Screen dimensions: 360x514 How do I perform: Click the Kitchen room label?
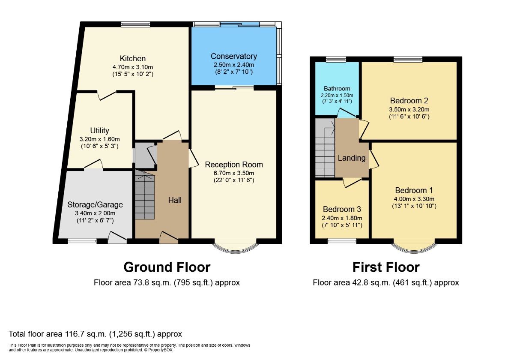point(133,59)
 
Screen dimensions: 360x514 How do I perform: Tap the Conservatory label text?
point(233,56)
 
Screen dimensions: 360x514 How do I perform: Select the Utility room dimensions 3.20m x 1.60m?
point(99,139)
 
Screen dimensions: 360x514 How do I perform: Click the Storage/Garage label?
point(95,204)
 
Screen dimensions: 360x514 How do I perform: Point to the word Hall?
point(175,200)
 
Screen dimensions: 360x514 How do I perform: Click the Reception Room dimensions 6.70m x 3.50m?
point(234,173)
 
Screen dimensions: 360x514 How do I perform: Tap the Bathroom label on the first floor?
point(337,89)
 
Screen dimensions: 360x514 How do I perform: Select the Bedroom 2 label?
point(409,101)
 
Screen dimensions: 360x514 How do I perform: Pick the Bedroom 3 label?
point(342,210)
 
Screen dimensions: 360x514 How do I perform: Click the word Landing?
point(352,158)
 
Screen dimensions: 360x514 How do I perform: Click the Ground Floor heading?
point(167,267)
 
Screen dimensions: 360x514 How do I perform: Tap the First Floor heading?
point(385,267)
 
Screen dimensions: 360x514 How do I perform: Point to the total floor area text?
point(96,334)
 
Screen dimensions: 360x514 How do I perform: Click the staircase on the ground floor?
point(144,195)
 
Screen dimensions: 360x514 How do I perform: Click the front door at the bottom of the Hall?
point(169,237)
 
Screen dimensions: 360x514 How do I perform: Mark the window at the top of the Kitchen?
point(135,24)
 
